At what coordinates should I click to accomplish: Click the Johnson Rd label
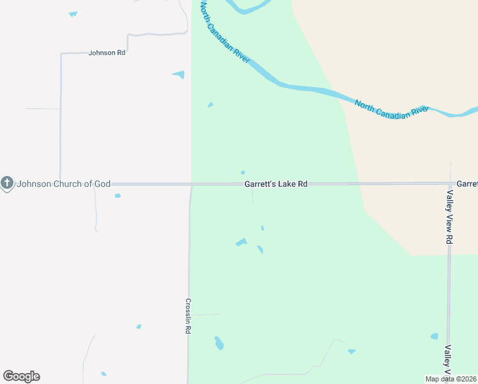tap(107, 52)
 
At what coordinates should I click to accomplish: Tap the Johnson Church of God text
tap(64, 184)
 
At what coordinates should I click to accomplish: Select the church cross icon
tap(7, 184)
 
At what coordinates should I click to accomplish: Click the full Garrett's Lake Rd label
tap(276, 184)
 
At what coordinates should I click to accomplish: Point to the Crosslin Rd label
tap(189, 316)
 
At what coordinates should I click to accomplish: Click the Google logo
tap(21, 376)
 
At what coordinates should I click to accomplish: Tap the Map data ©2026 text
tap(451, 379)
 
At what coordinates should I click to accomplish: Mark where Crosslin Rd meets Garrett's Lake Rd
tap(191, 184)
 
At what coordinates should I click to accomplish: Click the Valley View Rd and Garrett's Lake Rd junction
tap(450, 184)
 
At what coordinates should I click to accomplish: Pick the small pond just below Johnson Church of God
tap(118, 196)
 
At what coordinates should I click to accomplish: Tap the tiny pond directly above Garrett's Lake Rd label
tap(243, 172)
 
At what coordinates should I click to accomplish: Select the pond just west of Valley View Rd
tap(435, 336)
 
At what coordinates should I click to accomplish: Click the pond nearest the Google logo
tap(104, 374)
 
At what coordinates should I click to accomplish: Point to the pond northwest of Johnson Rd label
tap(73, 13)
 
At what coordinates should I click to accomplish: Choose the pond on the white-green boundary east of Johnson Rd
tap(179, 75)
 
